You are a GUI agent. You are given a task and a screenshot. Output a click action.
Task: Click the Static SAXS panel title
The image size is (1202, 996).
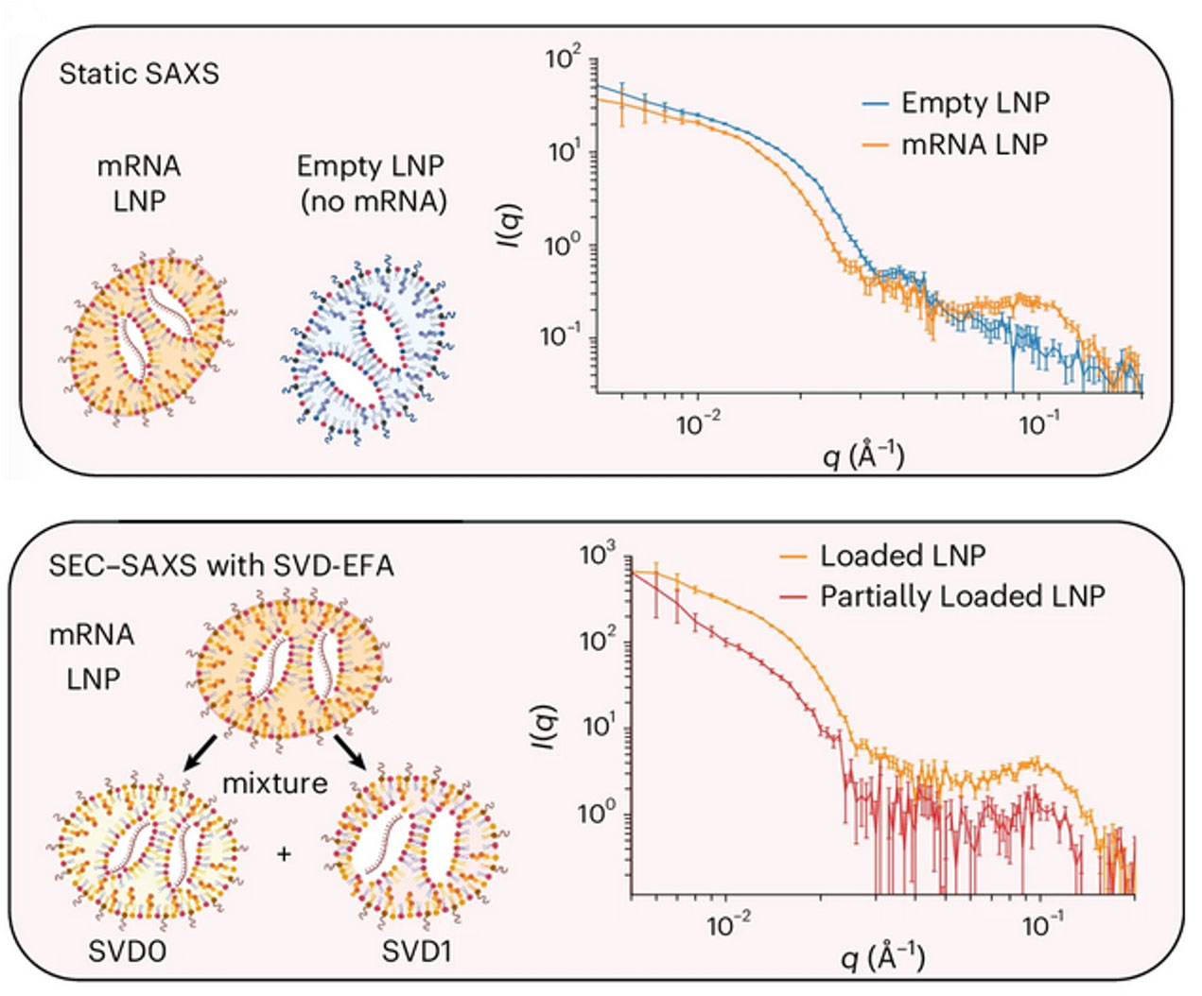point(138,74)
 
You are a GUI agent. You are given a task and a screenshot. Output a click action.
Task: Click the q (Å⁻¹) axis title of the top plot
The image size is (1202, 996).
point(863,457)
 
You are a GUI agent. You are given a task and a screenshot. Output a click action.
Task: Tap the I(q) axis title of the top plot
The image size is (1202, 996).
point(512,228)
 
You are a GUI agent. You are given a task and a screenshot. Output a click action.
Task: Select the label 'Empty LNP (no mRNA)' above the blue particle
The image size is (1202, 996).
point(371,182)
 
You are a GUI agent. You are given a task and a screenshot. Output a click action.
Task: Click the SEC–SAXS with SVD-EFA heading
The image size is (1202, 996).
point(221,565)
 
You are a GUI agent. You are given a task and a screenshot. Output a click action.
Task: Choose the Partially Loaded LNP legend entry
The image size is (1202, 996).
point(962,596)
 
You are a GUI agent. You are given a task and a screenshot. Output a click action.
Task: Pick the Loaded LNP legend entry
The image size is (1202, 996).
point(901,556)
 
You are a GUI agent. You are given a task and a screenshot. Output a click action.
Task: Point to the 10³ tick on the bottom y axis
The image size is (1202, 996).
point(598,555)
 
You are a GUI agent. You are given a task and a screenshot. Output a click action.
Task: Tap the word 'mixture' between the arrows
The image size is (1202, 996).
point(274,783)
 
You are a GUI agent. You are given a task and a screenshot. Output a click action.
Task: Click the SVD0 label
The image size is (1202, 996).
point(127,951)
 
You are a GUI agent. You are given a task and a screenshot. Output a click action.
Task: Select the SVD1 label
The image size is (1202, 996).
point(416,951)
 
